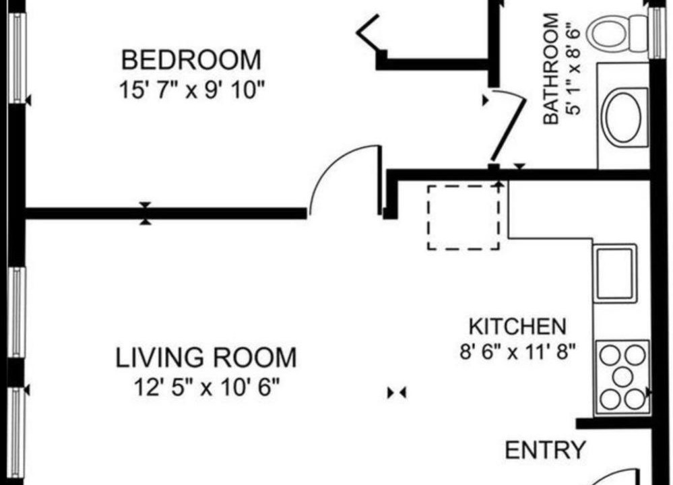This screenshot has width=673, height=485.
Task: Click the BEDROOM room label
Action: [x=191, y=60]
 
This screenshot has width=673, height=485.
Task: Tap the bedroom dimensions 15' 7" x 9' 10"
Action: [x=191, y=90]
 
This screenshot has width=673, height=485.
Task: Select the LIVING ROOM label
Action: [x=206, y=358]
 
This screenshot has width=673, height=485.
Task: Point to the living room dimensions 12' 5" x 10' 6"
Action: [x=206, y=388]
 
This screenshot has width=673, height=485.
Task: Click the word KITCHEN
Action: [x=517, y=327]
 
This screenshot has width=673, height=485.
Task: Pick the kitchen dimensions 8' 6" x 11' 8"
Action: [x=517, y=353]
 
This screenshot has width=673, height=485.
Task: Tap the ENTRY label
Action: [x=545, y=450]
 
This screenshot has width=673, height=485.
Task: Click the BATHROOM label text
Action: [x=551, y=69]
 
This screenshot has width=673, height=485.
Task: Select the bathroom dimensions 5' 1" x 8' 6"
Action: [x=574, y=69]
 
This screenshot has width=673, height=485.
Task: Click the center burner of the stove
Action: [x=622, y=377]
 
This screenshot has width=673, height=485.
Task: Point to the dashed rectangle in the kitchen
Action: [x=463, y=217]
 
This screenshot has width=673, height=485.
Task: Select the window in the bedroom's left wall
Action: [x=17, y=58]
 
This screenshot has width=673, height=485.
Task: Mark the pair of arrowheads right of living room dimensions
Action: [x=397, y=392]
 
